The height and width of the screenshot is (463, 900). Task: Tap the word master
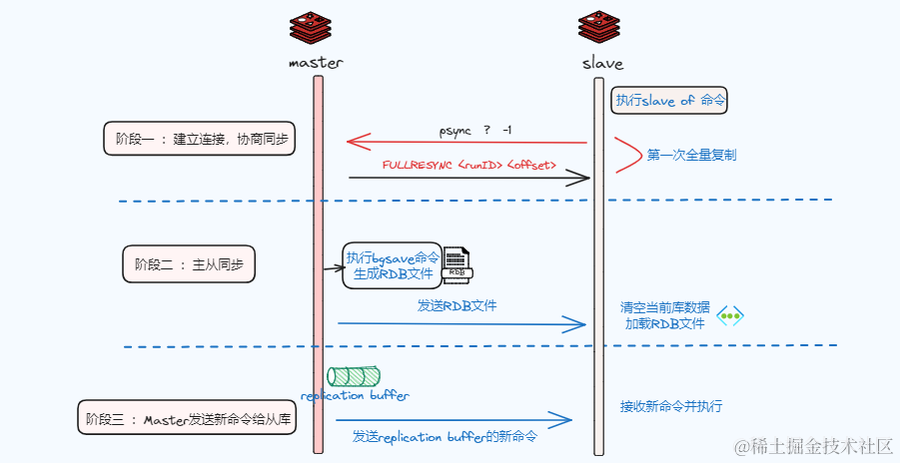click(x=316, y=62)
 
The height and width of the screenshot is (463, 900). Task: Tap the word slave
click(x=602, y=63)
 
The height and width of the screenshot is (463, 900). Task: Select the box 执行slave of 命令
click(x=670, y=100)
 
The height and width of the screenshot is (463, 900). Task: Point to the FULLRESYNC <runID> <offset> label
click(x=469, y=164)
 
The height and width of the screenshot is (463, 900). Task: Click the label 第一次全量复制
click(x=691, y=156)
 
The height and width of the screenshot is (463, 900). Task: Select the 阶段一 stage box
click(x=201, y=139)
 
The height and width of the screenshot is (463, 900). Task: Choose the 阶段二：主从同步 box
click(x=189, y=264)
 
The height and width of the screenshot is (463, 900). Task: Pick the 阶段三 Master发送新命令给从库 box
click(x=188, y=418)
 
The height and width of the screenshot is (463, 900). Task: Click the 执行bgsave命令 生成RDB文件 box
click(x=393, y=264)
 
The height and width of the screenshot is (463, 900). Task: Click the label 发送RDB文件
click(x=456, y=305)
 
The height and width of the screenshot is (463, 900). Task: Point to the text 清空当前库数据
click(x=664, y=307)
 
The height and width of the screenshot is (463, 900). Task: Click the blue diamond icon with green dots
click(x=731, y=315)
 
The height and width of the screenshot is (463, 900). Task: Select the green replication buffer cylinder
click(x=355, y=376)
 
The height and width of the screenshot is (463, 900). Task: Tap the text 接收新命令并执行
click(x=670, y=406)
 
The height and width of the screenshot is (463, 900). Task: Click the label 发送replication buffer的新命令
click(x=445, y=437)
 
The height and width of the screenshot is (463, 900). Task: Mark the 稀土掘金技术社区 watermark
click(x=813, y=444)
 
